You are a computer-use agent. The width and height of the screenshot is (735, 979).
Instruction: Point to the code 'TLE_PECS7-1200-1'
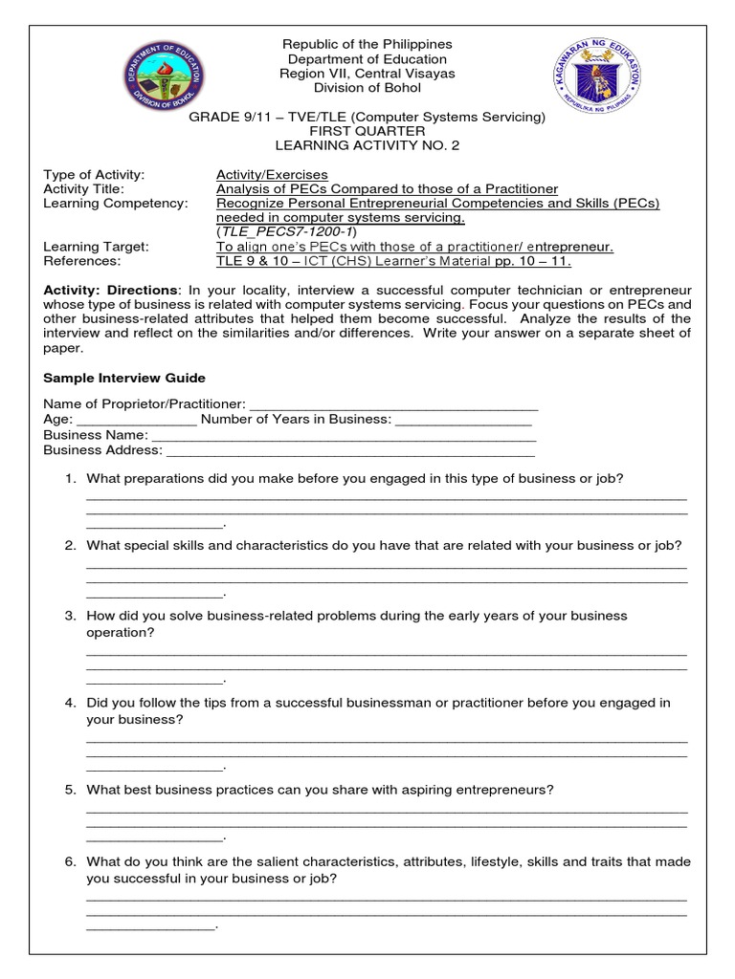286,231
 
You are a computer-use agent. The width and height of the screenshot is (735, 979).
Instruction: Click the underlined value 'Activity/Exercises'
272,175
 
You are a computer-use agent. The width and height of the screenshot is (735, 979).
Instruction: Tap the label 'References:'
81,261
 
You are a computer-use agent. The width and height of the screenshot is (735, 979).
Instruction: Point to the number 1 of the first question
70,477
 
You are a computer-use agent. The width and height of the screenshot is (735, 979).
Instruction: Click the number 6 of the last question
70,861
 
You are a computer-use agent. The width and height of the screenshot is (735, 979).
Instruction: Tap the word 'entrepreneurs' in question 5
505,790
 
